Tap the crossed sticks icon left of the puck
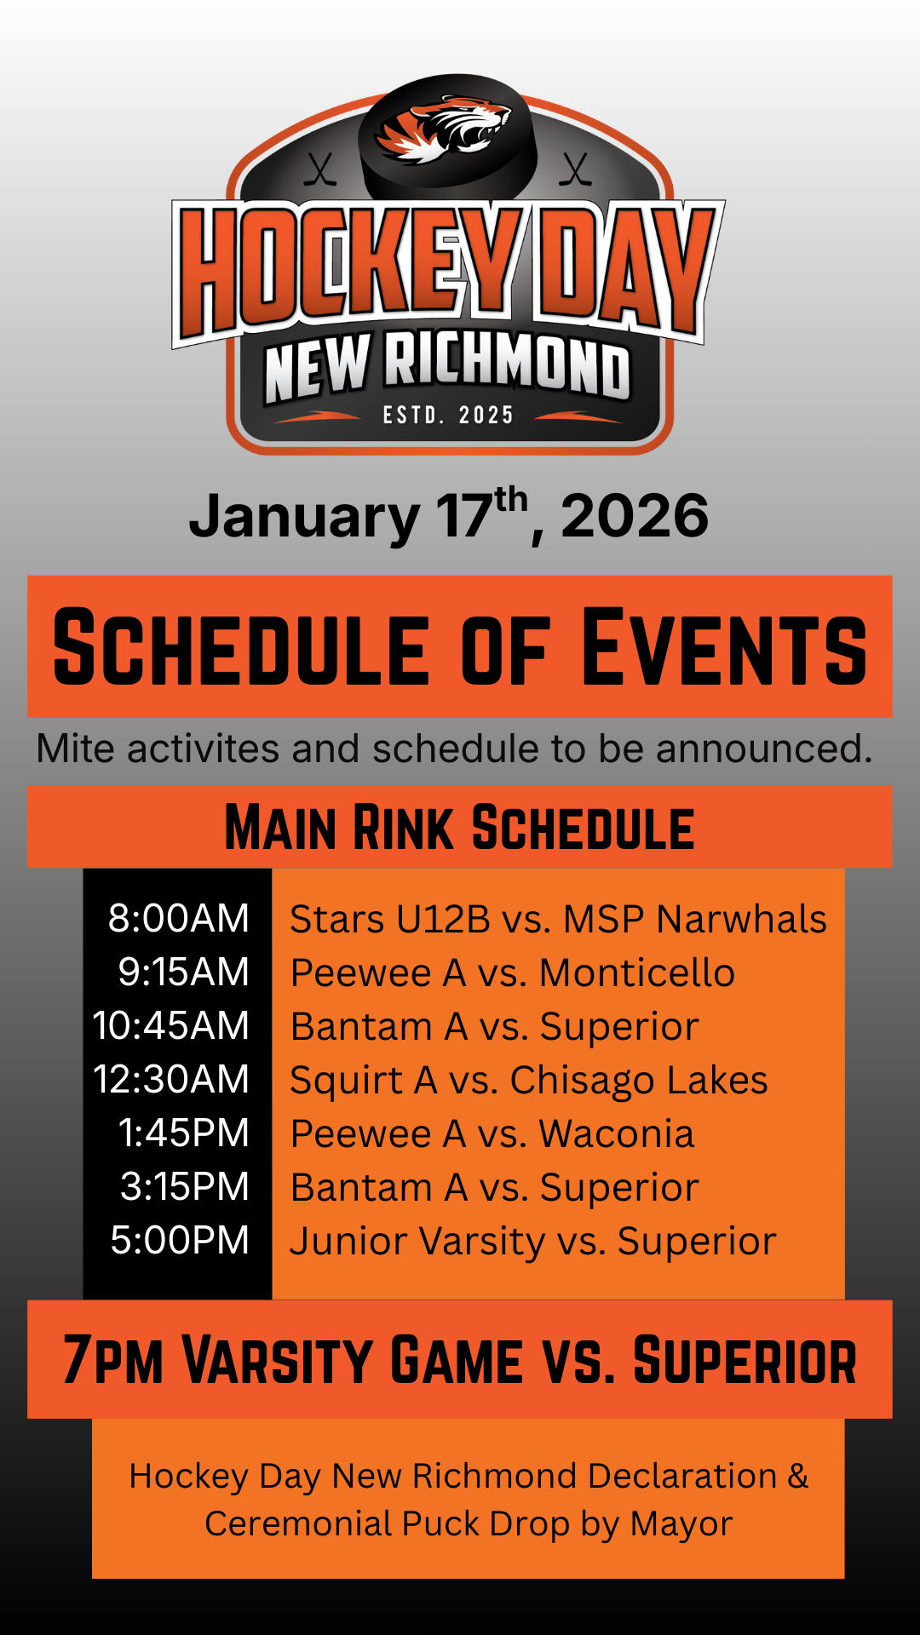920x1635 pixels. tap(320, 169)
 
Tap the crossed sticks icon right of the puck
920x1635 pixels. tap(576, 169)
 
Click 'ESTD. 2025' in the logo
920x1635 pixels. tap(448, 416)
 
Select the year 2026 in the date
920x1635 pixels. tap(635, 516)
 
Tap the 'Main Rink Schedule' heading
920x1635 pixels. tap(460, 827)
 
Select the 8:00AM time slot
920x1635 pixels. tap(179, 919)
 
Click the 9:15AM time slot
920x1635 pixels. tap(184, 972)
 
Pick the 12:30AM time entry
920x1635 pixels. tap(171, 1080)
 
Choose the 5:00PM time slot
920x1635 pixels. tap(180, 1241)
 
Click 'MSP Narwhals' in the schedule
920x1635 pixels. tap(695, 920)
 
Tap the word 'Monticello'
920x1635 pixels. tap(637, 972)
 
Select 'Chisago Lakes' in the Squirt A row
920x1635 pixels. tap(639, 1080)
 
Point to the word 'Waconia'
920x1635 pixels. tap(617, 1133)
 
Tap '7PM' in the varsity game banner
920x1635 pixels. tap(113, 1360)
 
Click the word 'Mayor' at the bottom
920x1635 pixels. tap(681, 1524)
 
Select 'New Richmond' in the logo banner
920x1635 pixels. tap(447, 368)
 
